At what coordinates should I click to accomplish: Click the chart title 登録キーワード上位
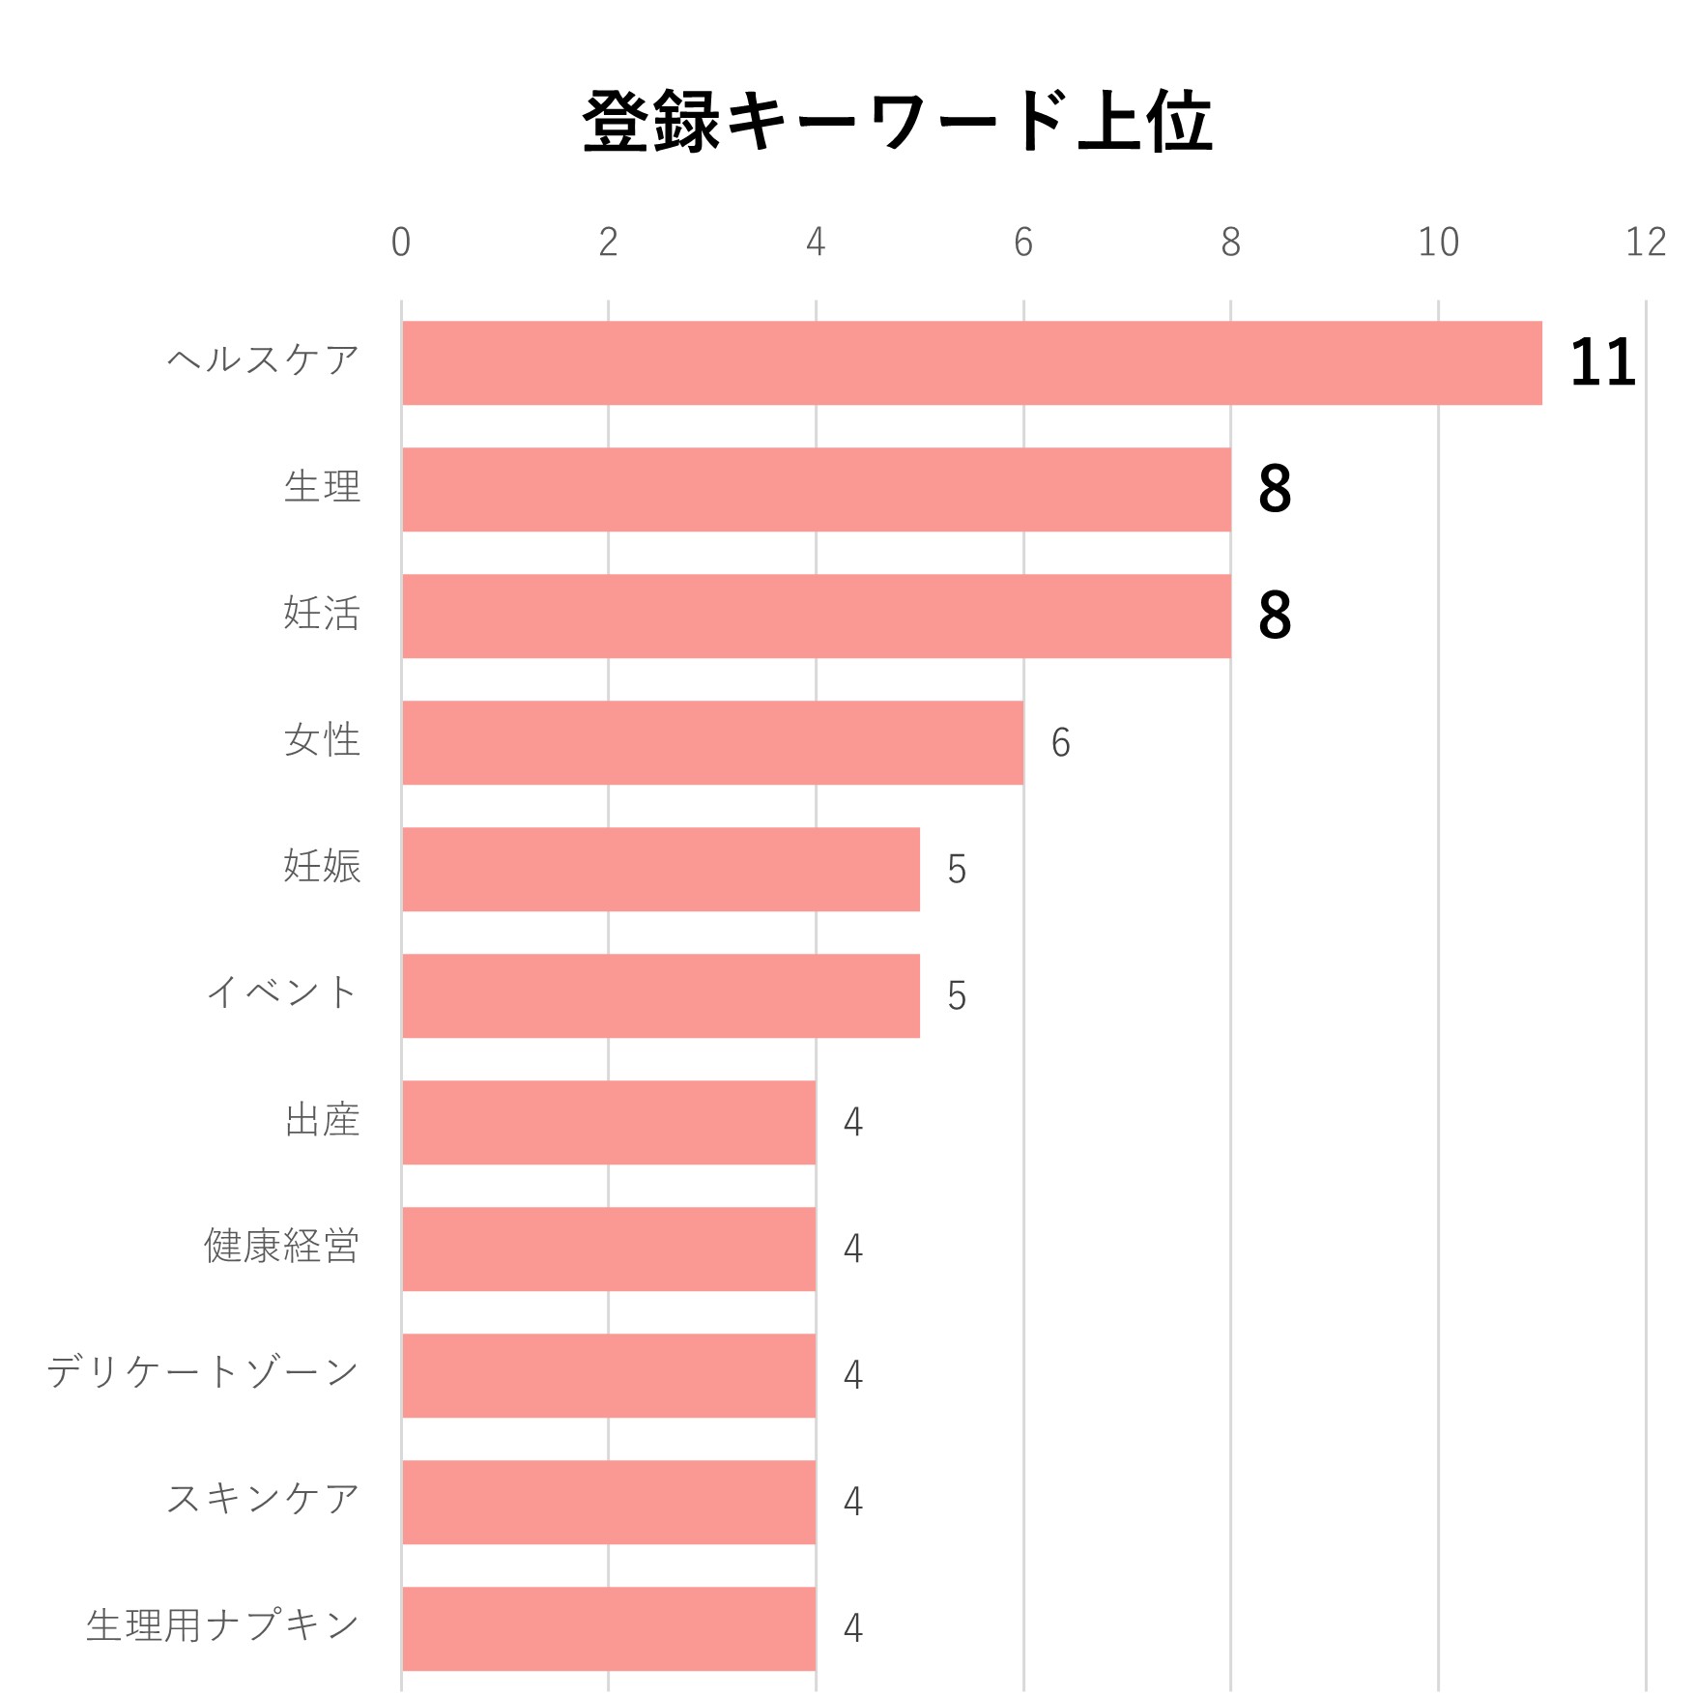tap(897, 122)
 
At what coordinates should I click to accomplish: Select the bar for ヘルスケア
tap(971, 363)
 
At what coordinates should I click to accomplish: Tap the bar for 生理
tap(817, 490)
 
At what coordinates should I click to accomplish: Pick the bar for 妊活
tap(817, 617)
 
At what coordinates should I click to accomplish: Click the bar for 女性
tap(713, 743)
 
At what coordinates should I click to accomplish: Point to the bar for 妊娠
tap(661, 870)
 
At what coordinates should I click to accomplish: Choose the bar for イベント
tap(661, 996)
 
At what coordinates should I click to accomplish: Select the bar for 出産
tap(609, 1123)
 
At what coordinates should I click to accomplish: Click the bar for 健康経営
tap(609, 1250)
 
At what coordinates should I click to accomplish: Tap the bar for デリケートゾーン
tap(609, 1376)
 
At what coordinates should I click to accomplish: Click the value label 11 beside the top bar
tap(1602, 363)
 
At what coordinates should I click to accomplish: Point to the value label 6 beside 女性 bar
tap(1060, 743)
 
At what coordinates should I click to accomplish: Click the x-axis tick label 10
tap(1438, 243)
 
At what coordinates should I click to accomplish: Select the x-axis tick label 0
tap(401, 243)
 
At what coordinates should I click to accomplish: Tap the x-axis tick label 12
tap(1646, 243)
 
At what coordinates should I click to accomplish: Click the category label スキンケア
tap(263, 1499)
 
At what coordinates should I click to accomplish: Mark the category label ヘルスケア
tap(263, 360)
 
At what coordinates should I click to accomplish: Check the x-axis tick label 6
tap(1023, 243)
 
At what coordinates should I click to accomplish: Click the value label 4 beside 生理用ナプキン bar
tap(852, 1628)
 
